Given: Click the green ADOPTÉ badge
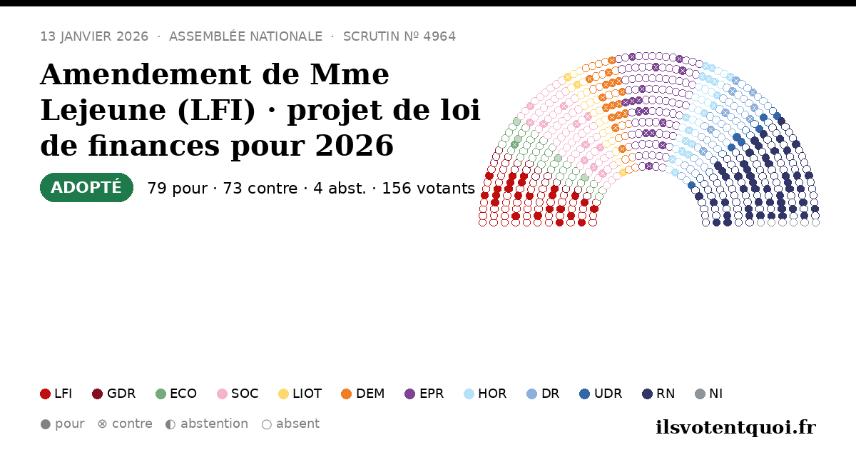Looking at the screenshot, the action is point(86,187).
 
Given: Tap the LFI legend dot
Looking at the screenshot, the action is point(45,394).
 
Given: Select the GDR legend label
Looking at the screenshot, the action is point(121,394).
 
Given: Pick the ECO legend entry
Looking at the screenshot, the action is point(176,394).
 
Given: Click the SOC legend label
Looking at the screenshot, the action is point(245,394).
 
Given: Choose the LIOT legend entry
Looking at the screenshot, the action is point(300,394).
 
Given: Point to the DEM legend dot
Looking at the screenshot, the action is point(346,394).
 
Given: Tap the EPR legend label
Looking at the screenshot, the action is point(432,394).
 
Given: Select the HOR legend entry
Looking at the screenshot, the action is point(485,394).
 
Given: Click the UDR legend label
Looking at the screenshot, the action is point(608,394).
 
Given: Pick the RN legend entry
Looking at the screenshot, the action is point(658,394).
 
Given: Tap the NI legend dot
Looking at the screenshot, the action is point(700,394).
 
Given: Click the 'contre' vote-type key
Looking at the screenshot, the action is point(125,424).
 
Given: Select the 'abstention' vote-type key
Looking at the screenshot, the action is point(207,424).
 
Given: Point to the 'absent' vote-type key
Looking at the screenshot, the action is point(290,424).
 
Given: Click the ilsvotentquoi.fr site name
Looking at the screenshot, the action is point(736,427).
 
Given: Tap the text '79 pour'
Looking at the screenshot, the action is point(178,189).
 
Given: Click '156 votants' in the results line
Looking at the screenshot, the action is point(429,189).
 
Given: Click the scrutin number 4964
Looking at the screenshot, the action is point(439,36).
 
